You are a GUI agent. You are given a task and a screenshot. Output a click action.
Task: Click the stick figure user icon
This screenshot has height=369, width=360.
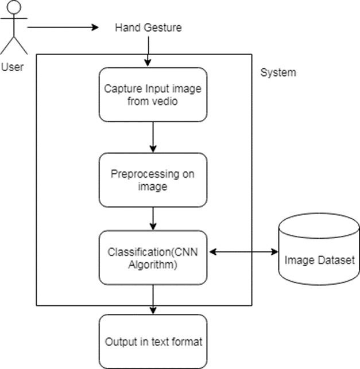pyautogui.click(x=13, y=29)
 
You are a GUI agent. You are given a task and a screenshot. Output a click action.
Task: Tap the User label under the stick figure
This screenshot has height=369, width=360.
pyautogui.click(x=13, y=67)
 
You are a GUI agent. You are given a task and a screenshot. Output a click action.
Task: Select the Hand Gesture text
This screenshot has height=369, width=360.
pyautogui.click(x=148, y=28)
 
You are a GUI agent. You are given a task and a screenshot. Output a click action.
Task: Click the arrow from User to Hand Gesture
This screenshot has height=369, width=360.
pyautogui.click(x=63, y=27)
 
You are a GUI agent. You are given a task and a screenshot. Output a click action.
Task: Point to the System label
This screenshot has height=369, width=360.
pyautogui.click(x=278, y=73)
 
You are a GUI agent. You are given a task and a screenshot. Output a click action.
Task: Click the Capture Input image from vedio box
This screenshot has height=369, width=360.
pyautogui.click(x=153, y=95)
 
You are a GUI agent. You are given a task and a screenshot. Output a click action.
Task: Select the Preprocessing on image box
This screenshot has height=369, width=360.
pyautogui.click(x=153, y=180)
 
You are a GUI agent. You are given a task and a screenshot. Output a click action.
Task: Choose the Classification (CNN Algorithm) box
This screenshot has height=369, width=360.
pyautogui.click(x=153, y=258)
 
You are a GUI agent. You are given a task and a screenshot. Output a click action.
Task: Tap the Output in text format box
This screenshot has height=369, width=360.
pyautogui.click(x=153, y=341)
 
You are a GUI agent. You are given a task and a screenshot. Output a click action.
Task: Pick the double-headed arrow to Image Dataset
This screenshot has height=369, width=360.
pyautogui.click(x=242, y=251)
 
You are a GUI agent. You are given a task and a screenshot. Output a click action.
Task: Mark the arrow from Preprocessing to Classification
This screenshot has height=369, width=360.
pyautogui.click(x=153, y=219)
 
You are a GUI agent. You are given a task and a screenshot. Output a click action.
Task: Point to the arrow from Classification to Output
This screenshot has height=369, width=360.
pyautogui.click(x=153, y=299)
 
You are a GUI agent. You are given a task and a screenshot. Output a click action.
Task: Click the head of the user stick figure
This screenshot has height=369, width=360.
pyautogui.click(x=13, y=9)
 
